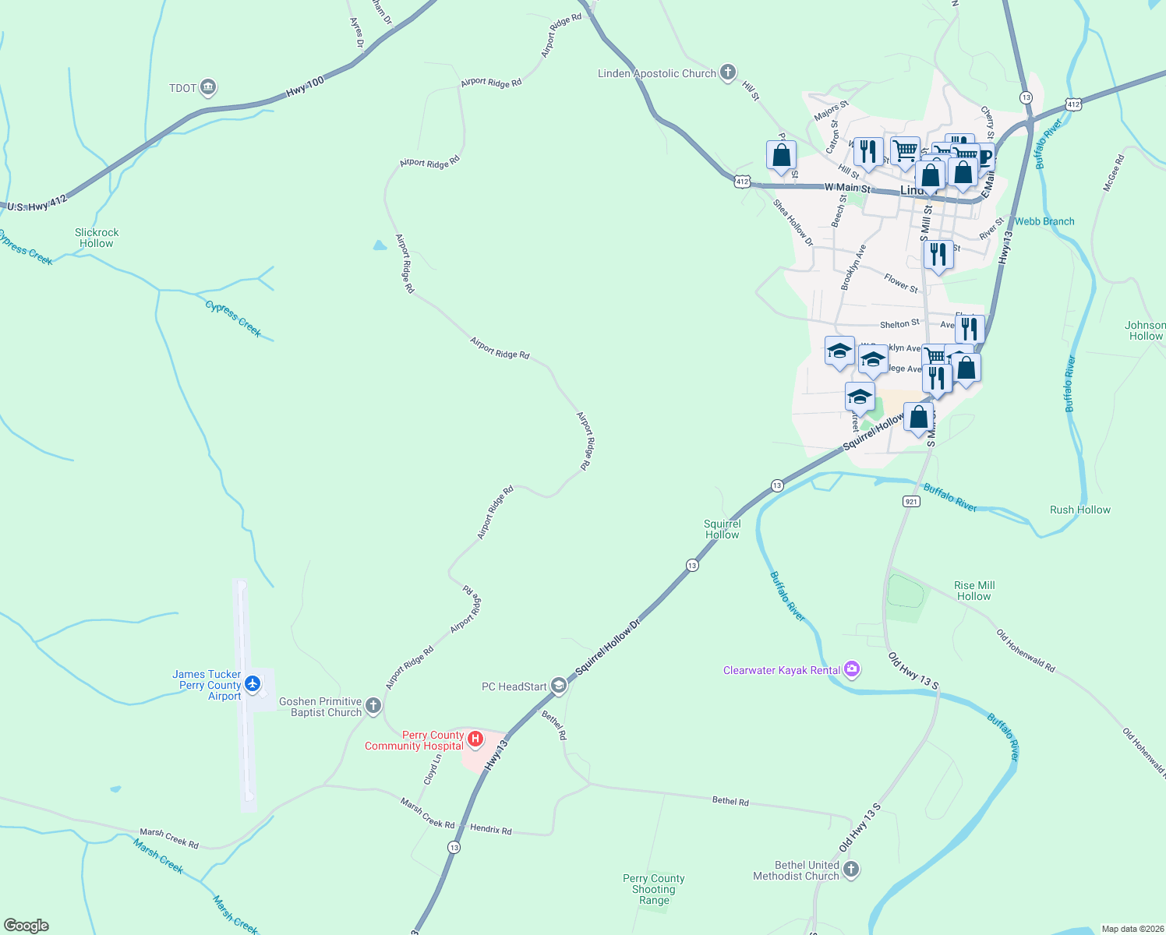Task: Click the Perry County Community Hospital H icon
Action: click(x=475, y=737)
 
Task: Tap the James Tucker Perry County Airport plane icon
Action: click(x=252, y=683)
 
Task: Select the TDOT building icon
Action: click(x=207, y=87)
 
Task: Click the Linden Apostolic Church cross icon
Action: click(x=727, y=73)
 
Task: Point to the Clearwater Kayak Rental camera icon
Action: click(x=852, y=669)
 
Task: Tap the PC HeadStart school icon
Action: click(x=558, y=686)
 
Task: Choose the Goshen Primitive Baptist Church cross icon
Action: click(x=373, y=706)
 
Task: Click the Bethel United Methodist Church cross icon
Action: click(x=851, y=870)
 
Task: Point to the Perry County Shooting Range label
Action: click(x=653, y=889)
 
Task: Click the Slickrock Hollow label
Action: click(x=97, y=238)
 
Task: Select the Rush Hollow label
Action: click(x=1079, y=510)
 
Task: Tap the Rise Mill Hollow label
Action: click(x=973, y=591)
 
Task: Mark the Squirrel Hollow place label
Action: click(x=722, y=529)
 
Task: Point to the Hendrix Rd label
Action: click(x=491, y=829)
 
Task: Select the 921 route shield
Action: click(x=911, y=501)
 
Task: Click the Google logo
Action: click(x=26, y=926)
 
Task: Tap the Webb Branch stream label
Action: click(x=1044, y=221)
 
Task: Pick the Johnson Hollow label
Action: click(x=1145, y=330)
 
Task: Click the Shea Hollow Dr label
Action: click(x=793, y=223)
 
